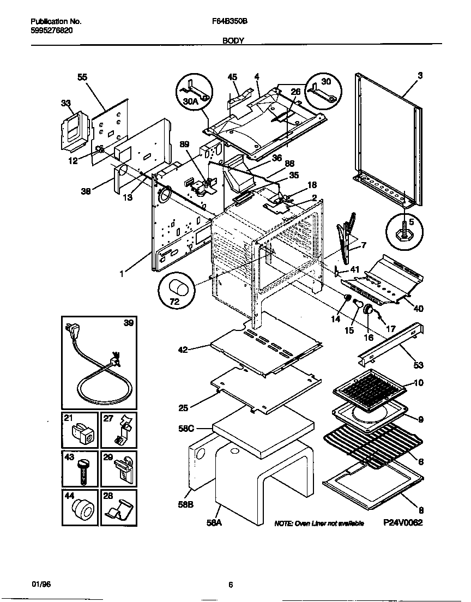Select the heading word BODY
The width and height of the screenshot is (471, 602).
click(x=233, y=40)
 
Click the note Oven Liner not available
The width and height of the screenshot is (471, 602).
click(x=318, y=523)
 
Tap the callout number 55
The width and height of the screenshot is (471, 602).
click(x=82, y=78)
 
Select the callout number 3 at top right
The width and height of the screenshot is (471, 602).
click(x=420, y=76)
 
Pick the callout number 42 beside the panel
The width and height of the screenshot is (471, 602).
click(x=183, y=350)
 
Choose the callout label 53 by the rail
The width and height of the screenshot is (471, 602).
click(x=419, y=365)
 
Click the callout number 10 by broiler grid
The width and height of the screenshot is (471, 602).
click(x=418, y=383)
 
